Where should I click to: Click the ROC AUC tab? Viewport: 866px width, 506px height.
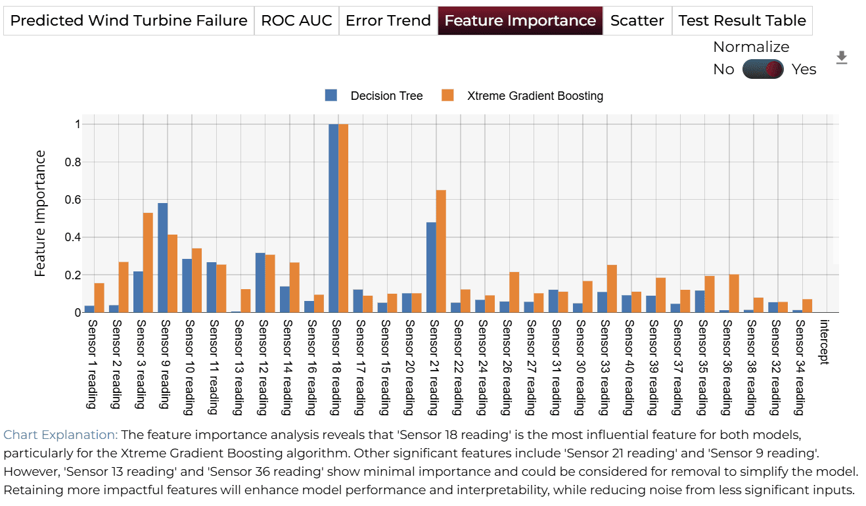[296, 20]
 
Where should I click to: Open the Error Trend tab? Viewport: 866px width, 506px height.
[388, 20]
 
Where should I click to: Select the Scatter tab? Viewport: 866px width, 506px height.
[637, 20]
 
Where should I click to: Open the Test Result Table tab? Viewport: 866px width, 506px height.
[742, 20]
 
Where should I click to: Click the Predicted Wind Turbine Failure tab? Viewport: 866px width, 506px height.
[129, 20]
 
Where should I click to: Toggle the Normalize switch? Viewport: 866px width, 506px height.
[763, 69]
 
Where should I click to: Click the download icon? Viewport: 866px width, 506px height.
[842, 58]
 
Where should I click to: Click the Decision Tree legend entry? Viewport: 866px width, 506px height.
[374, 95]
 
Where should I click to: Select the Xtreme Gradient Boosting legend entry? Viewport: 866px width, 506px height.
[522, 95]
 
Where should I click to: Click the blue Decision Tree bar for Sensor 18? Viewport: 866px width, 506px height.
[334, 218]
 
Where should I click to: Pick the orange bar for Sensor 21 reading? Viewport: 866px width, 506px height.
[441, 251]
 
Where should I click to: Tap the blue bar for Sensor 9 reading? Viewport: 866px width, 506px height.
[163, 258]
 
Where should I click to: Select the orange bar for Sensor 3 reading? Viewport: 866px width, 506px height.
[148, 263]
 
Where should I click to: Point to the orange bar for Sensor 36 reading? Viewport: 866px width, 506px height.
[734, 293]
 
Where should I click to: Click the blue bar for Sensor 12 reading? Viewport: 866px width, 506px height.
[260, 283]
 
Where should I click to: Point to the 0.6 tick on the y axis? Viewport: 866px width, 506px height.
[73, 200]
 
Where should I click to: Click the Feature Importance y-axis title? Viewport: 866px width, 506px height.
[40, 214]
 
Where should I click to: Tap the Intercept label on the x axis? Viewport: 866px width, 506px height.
[824, 342]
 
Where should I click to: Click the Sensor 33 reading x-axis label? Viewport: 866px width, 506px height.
[604, 367]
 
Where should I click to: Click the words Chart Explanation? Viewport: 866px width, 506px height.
[60, 435]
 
